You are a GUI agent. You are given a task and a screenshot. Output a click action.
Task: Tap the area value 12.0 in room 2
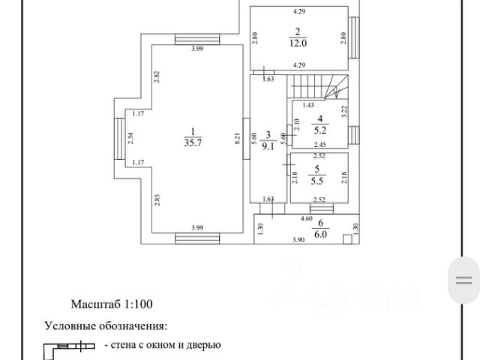tap(298, 42)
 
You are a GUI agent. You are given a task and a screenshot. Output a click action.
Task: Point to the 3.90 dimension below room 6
tap(297, 241)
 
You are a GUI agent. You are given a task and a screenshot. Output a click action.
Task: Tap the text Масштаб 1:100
tap(111, 305)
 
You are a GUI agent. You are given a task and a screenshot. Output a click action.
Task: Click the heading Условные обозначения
tap(106, 326)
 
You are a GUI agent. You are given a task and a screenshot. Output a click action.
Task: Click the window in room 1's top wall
tap(196, 40)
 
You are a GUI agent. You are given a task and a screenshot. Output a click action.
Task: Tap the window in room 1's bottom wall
tap(196, 238)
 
